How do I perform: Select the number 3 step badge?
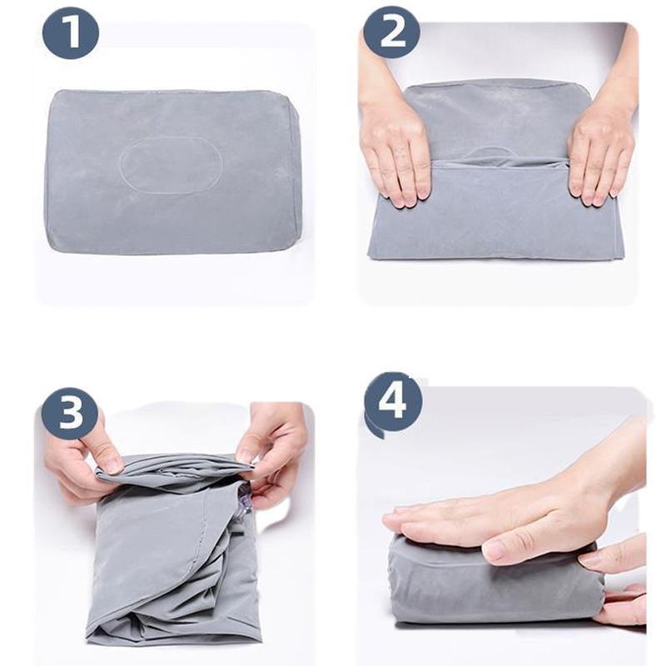click(70, 412)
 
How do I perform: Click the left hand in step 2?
click(395, 154)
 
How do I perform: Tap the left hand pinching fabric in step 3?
click(83, 462)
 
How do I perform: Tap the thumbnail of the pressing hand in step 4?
click(493, 550)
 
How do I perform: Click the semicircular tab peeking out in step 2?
click(497, 152)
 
